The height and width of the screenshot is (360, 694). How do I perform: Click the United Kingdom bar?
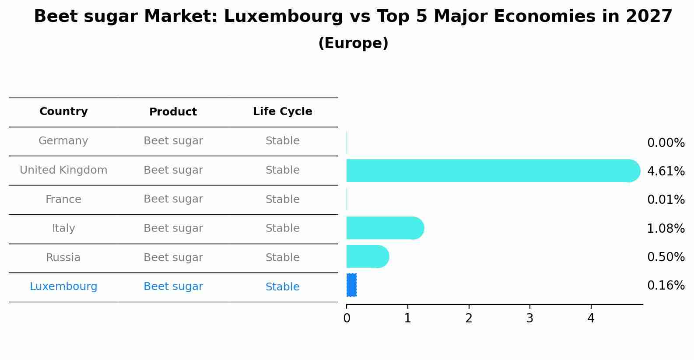coord(490,171)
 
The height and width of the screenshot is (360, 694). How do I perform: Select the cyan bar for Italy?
coord(384,228)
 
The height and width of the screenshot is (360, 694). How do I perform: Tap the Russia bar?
coord(367,256)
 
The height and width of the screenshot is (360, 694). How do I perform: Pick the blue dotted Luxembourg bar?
coord(351,285)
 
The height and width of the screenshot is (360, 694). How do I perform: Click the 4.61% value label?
coord(666,171)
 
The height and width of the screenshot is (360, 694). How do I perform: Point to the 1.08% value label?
coord(666,228)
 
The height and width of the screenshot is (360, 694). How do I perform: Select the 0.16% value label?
coord(666,286)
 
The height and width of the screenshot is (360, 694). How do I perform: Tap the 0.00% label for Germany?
coord(666,143)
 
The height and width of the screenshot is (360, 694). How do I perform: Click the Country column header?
coord(63,112)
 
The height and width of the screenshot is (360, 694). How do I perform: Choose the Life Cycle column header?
coord(282,112)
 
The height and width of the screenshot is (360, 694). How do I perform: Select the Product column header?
coord(173,112)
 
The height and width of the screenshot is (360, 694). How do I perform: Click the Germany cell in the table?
coord(63,141)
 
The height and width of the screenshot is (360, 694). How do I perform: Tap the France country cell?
coord(63,199)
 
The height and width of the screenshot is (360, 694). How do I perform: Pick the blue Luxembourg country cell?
coord(63,287)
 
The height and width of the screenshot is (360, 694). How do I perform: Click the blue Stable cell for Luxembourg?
coord(282,287)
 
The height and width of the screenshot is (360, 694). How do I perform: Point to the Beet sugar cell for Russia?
coord(173,258)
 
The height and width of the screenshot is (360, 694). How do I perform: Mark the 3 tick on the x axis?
coord(530,318)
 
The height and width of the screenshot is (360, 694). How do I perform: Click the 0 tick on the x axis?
coord(347,318)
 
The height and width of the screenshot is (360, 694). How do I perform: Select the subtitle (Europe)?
coord(353,43)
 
